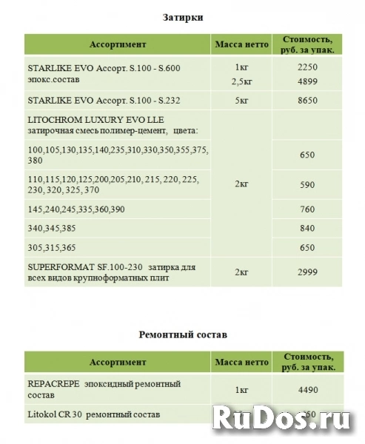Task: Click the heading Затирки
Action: tap(182, 16)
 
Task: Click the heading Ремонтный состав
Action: tap(182, 334)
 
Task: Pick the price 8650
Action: tap(307, 98)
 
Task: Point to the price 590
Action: tap(307, 184)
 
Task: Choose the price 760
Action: tap(307, 209)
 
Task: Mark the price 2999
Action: tap(307, 272)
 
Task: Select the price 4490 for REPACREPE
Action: tap(307, 389)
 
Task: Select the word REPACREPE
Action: tap(53, 383)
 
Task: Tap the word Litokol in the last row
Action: tap(41, 414)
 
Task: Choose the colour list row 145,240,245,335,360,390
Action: tap(76, 209)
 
